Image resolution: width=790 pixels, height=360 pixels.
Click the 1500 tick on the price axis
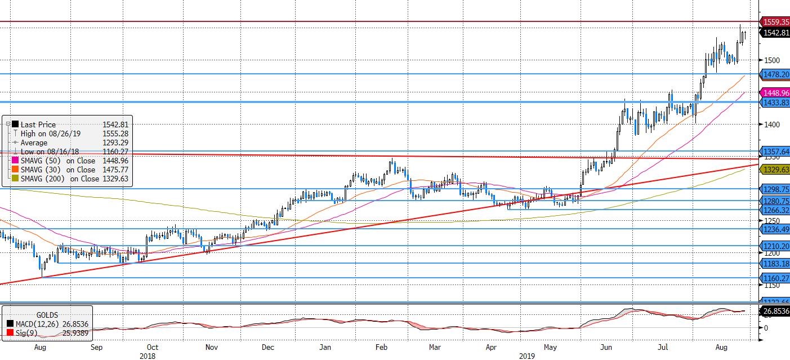click(771, 60)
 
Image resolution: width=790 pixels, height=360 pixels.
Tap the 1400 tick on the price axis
click(771, 125)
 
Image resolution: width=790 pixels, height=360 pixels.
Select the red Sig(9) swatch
click(11, 333)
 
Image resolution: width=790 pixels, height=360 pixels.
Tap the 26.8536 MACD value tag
click(775, 310)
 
